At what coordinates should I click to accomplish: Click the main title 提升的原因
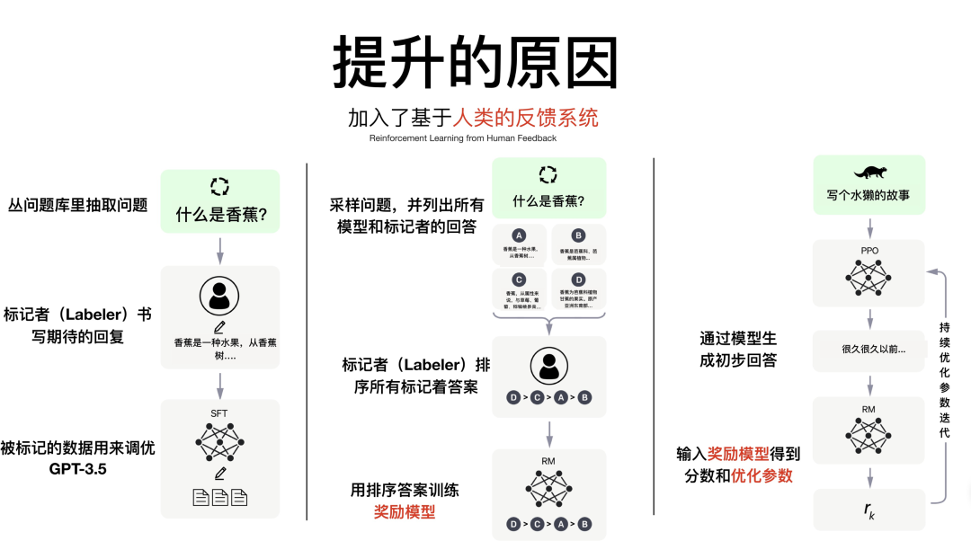476,65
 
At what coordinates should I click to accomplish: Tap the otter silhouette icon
869,172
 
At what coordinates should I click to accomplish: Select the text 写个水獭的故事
869,194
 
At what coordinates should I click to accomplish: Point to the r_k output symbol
869,510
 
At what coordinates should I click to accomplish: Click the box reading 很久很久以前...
869,350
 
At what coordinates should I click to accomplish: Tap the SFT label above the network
219,413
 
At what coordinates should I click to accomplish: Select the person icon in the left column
219,296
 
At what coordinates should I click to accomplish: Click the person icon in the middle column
548,365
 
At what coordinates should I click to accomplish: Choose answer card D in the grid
578,289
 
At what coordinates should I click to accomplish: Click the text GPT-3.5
78,468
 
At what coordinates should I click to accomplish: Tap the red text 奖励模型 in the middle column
405,511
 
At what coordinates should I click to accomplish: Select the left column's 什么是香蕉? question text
219,216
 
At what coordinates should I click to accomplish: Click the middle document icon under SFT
220,497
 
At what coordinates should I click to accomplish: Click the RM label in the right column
869,410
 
